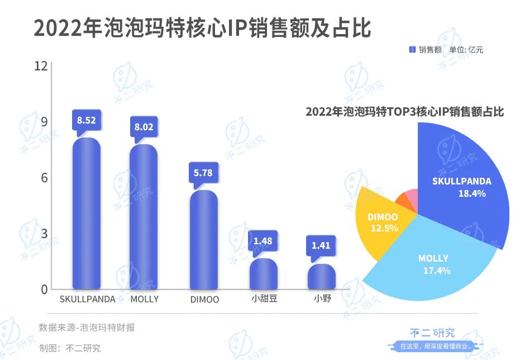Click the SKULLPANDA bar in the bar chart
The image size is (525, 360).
87,215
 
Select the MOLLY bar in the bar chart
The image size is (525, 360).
144,218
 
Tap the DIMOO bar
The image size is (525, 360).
203,240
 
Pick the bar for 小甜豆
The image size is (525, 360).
264,274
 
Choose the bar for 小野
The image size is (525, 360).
322,277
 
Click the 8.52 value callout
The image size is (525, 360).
86,120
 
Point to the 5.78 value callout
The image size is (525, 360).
203,173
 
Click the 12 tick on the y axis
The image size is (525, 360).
40,67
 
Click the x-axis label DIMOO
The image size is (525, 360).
203,300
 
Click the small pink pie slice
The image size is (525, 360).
412,196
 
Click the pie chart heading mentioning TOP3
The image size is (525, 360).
405,112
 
